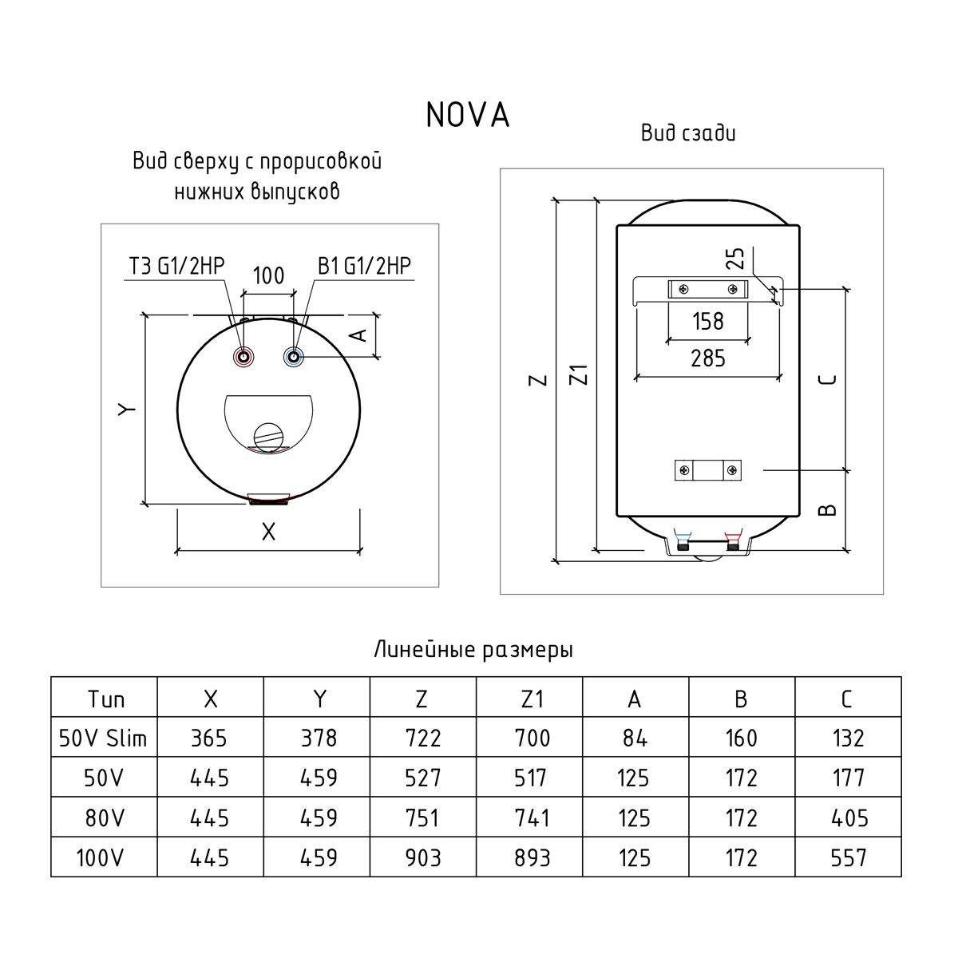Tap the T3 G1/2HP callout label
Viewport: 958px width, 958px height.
[x=177, y=266]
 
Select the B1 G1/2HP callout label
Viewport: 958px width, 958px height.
[x=364, y=266]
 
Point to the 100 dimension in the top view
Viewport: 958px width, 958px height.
[x=268, y=276]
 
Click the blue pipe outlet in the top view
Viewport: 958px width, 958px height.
[x=295, y=356]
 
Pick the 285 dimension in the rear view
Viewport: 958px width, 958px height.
[x=708, y=358]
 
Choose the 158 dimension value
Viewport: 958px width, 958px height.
[x=707, y=322]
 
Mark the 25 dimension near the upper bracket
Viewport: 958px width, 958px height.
[x=735, y=258]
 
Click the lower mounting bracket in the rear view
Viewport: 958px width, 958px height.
[x=708, y=470]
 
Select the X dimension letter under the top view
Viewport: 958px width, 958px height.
[x=268, y=532]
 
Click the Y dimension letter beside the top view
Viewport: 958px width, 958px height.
[x=126, y=410]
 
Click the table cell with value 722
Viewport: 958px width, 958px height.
[x=422, y=738]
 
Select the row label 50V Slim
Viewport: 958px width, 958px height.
[x=104, y=738]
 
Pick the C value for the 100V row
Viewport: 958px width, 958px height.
[x=848, y=858]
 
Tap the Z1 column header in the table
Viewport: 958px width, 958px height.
[x=530, y=699]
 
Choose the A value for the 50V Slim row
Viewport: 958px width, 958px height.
[x=635, y=738]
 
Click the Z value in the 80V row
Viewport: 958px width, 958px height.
[x=422, y=818]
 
